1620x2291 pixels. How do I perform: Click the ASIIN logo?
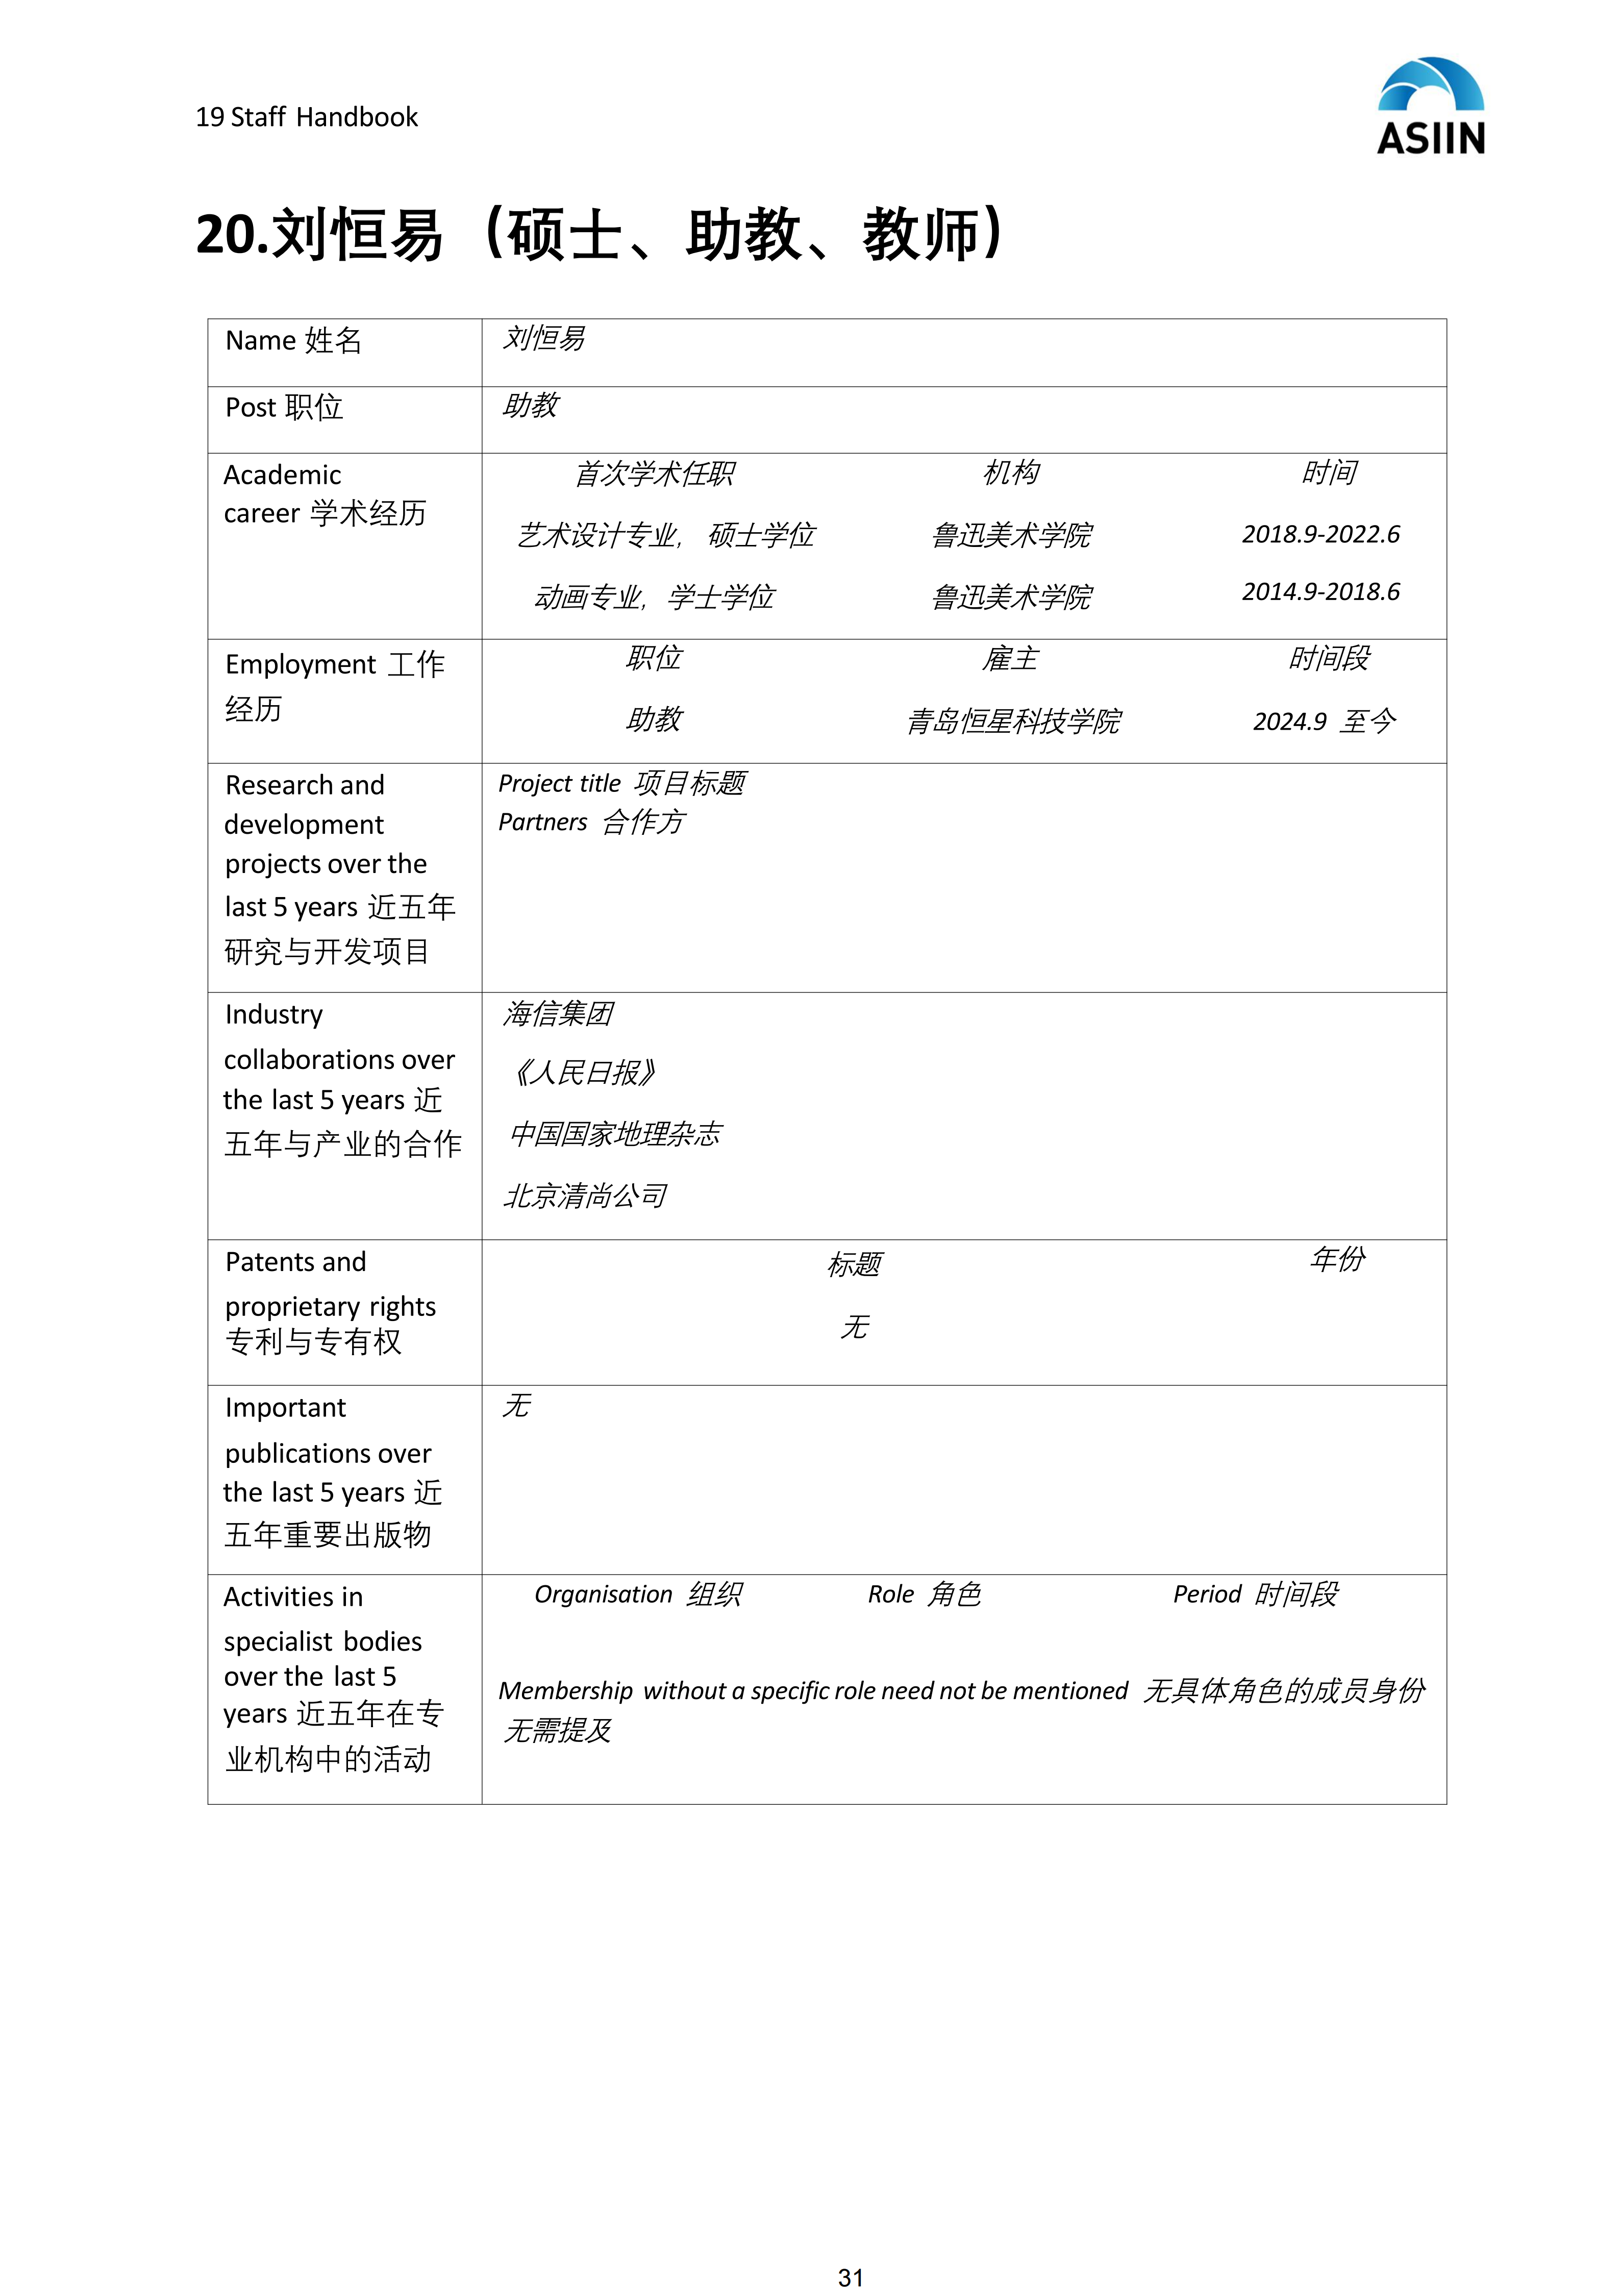(1431, 107)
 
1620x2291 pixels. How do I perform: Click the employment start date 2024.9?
(1290, 721)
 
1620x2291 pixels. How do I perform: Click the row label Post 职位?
(284, 408)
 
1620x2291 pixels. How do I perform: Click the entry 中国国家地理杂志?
(615, 1134)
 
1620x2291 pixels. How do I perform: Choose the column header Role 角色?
(924, 1595)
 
